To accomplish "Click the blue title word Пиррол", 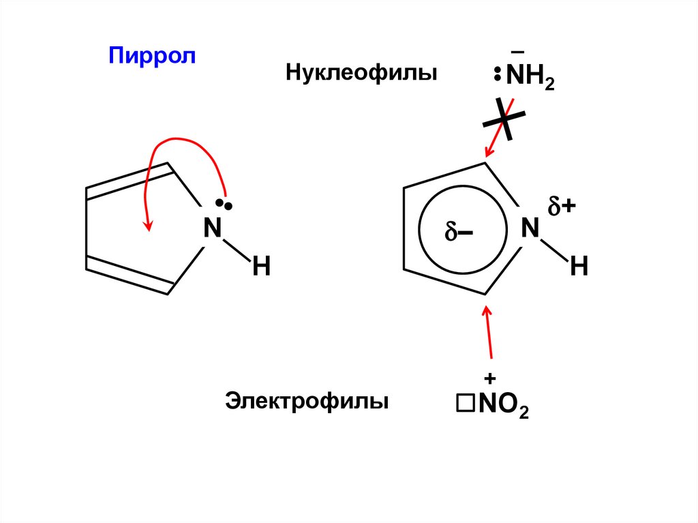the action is [x=151, y=56].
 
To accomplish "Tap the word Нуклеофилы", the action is [x=361, y=72].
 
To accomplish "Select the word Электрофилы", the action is [x=307, y=400].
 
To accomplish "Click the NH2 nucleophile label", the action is [x=530, y=78].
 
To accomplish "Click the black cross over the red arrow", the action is [x=504, y=119].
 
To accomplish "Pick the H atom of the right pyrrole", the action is [x=579, y=267].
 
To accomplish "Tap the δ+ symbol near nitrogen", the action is [x=562, y=207].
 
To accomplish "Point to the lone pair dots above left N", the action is [x=224, y=203].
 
